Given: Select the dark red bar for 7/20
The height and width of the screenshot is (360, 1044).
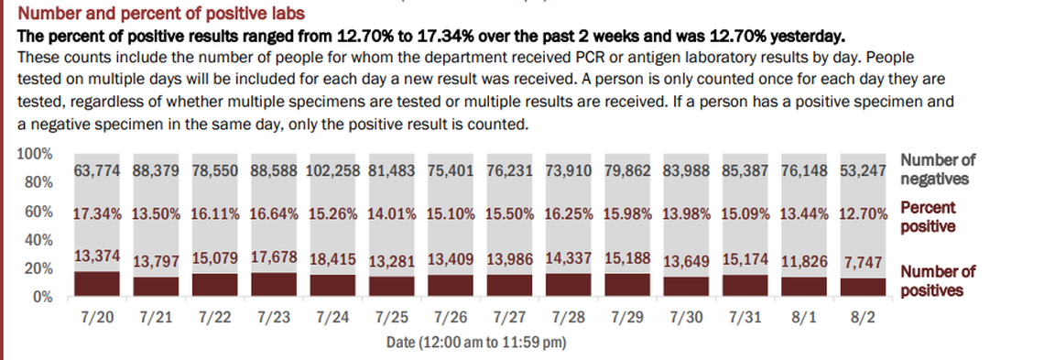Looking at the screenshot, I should tap(96, 283).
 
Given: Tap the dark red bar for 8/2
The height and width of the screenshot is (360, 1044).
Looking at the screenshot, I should tap(864, 287).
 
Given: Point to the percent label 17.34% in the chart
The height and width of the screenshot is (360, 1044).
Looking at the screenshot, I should tap(96, 214).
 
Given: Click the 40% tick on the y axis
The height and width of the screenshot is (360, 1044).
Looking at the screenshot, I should tap(38, 240).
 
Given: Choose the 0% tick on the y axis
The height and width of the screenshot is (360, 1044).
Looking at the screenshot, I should tap(41, 297).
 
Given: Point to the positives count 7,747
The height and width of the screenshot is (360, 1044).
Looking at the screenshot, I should tap(864, 262).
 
